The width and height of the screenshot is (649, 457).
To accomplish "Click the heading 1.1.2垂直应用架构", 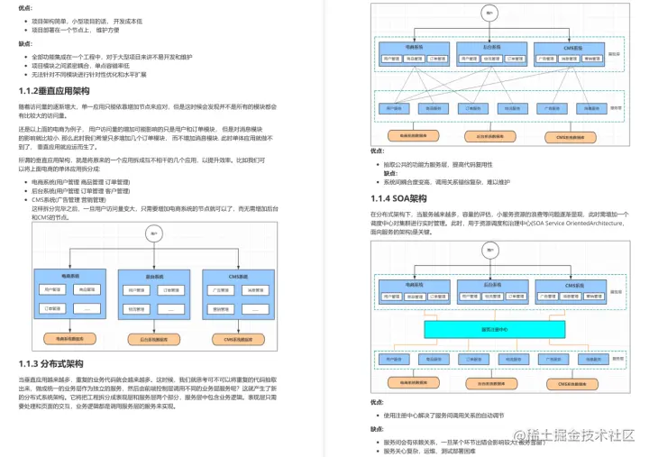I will (x=55, y=91).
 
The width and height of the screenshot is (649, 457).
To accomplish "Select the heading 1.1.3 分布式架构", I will (x=50, y=363).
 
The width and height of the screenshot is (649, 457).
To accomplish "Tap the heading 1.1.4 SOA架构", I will (x=398, y=197).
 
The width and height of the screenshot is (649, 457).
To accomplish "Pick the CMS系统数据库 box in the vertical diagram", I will (x=235, y=339).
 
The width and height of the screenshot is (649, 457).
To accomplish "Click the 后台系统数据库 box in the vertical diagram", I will (x=155, y=339).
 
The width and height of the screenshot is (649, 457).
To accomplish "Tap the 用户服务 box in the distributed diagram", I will (x=394, y=106).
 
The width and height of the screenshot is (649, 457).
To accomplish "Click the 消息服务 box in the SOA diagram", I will (x=575, y=358).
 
